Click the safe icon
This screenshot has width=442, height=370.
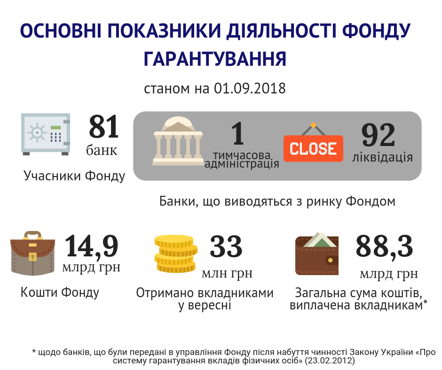(x=46, y=134)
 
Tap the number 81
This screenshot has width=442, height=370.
(x=104, y=127)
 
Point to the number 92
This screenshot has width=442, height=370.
(x=379, y=136)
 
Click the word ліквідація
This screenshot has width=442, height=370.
(x=383, y=157)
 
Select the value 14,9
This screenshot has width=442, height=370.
(x=91, y=247)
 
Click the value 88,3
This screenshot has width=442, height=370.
(x=384, y=247)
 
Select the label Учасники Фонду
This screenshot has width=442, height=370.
(x=75, y=176)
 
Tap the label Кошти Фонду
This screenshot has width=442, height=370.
(x=60, y=293)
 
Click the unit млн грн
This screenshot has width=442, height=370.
(x=227, y=273)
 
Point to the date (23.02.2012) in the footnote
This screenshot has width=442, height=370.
(x=329, y=361)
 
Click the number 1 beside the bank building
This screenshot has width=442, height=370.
(x=238, y=133)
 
